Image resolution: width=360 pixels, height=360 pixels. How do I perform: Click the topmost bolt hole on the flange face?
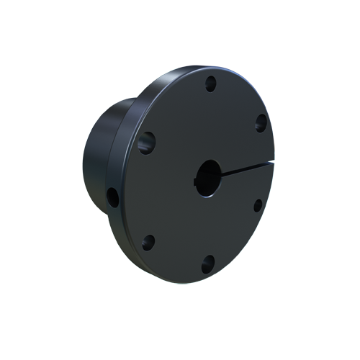tap(210, 84)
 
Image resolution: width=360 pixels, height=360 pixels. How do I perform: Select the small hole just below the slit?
tap(257, 204)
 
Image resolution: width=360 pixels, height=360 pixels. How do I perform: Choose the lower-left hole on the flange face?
tap(148, 242)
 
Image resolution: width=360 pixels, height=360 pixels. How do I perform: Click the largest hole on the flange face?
tap(147, 142)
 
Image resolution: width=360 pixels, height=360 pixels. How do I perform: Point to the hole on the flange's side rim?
tap(113, 197)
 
